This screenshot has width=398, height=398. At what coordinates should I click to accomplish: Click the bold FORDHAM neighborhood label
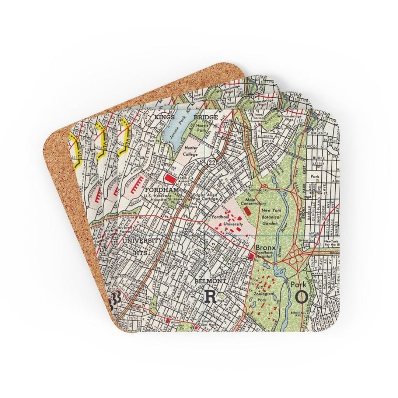[162, 190]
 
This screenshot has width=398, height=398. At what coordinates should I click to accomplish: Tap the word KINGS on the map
[164, 117]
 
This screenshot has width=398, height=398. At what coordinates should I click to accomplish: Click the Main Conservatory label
[253, 201]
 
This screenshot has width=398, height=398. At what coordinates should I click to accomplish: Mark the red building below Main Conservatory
[248, 211]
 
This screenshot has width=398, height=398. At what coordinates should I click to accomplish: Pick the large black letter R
[210, 296]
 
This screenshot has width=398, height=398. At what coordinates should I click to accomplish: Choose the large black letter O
[301, 296]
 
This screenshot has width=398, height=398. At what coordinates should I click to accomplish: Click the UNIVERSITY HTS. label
[142, 245]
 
